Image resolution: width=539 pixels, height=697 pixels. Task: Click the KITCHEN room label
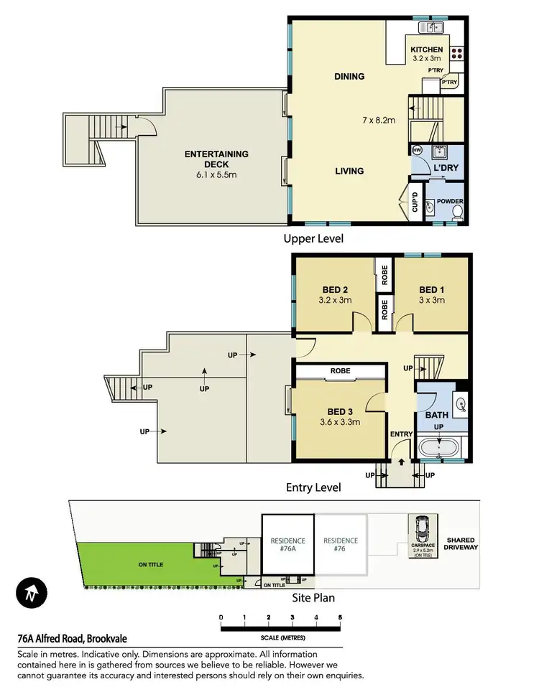pos(427,50)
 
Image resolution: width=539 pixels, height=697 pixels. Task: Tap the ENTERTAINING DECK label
pos(216,154)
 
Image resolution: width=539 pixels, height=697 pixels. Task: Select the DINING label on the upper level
pos(349,76)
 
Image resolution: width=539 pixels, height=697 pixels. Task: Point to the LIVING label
pos(349,171)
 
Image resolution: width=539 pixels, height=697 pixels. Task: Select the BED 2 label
pos(336,290)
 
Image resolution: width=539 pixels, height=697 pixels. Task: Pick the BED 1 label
pos(432,290)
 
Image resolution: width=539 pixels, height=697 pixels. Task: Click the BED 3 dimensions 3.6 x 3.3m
pos(338,422)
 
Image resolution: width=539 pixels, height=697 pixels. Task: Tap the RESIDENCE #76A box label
pos(287,545)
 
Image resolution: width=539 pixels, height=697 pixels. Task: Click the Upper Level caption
pos(313,238)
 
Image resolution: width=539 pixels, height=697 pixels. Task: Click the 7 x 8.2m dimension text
pos(378,120)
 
